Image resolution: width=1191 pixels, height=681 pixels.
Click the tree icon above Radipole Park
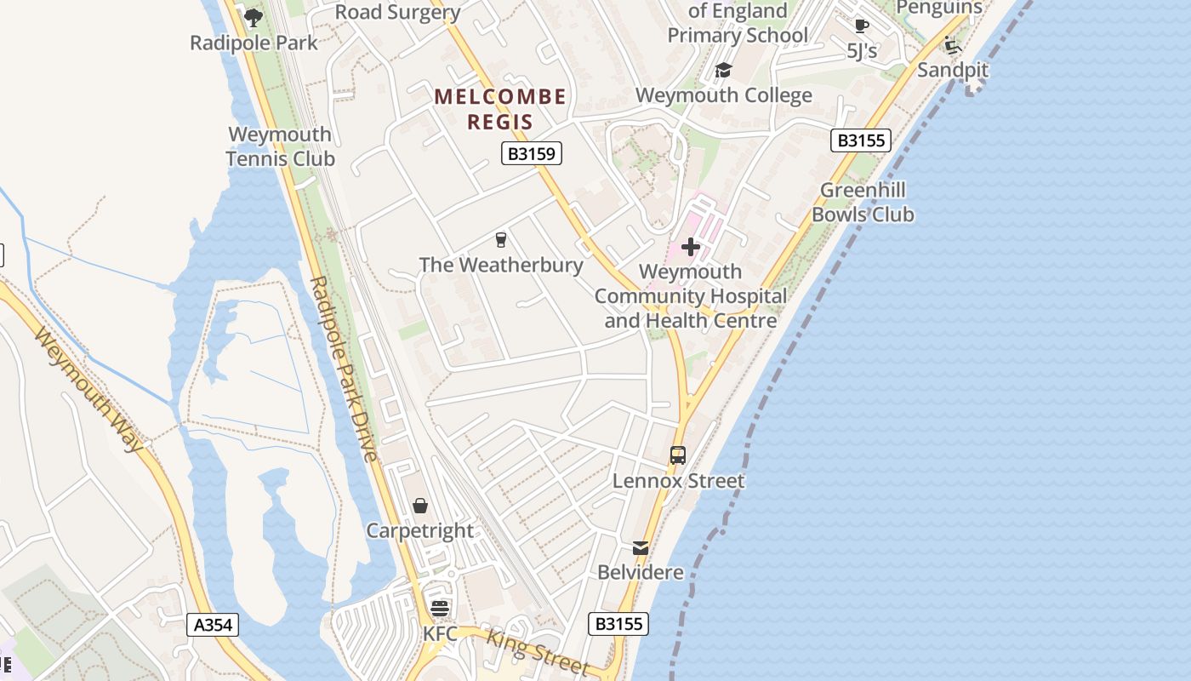pos(253,17)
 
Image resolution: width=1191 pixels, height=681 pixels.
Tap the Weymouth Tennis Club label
pos(280,146)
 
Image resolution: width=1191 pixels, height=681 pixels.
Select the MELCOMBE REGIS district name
pos(500,109)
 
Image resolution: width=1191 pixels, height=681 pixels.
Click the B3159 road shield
pos(532,153)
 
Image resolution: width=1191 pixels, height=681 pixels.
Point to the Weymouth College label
pos(723,95)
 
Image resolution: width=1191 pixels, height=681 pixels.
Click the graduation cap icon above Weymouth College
pos(723,70)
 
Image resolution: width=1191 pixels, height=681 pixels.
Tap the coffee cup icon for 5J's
pos(862,26)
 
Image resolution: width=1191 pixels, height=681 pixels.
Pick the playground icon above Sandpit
pos(953,44)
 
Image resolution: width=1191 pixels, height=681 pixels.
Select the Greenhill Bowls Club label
pos(863,203)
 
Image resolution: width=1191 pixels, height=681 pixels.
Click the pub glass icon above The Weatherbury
pos(501,240)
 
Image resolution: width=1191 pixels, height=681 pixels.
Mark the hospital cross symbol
pos(691,248)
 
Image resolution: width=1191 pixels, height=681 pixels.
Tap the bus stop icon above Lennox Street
pos(678,455)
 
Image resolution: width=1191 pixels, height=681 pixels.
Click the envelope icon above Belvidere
pos(641,548)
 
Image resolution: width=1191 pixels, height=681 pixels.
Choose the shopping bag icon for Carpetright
pos(420,506)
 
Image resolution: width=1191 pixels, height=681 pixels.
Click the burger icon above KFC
pos(440,609)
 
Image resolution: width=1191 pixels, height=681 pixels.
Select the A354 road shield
pos(213,625)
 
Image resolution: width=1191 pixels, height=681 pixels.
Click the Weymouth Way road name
pos(90,388)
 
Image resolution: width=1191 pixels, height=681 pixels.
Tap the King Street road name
pos(539,651)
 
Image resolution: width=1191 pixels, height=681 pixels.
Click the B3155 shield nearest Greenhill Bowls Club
pos(861,140)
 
